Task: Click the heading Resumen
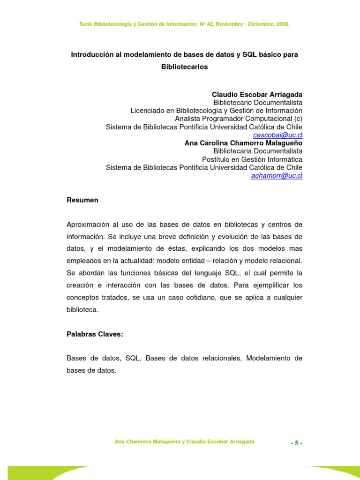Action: (x=82, y=200)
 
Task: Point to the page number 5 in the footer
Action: (x=296, y=443)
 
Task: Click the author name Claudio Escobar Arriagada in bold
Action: (x=257, y=94)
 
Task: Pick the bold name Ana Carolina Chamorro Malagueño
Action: (x=243, y=143)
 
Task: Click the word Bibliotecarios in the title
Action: (x=184, y=67)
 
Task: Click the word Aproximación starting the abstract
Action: (x=90, y=224)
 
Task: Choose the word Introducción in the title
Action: (x=93, y=54)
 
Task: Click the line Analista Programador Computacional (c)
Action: (x=239, y=119)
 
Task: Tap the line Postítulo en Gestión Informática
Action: (x=252, y=159)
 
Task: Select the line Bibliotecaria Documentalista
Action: (x=258, y=151)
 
